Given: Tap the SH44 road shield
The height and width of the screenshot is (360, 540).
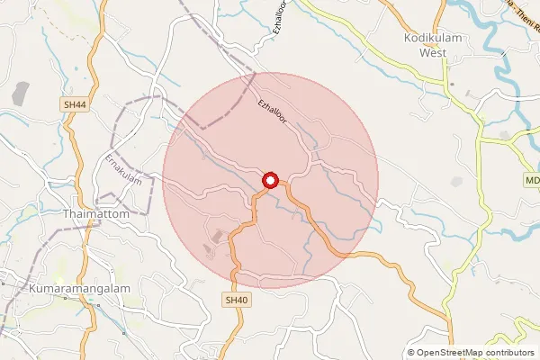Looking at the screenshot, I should [75, 105].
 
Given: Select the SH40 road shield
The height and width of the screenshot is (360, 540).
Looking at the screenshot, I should [236, 300].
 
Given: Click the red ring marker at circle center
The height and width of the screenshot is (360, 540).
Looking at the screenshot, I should [270, 181].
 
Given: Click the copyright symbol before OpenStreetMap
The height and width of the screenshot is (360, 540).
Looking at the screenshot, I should [411, 353].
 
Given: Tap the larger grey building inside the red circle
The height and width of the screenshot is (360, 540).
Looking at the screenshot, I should [217, 238].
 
